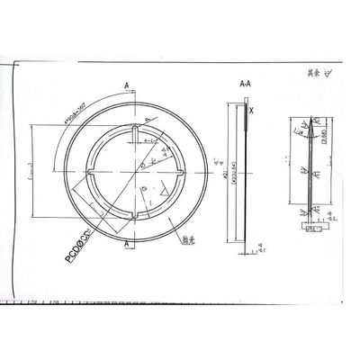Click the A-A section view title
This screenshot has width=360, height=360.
click(x=245, y=82)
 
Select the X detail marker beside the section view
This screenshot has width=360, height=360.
click(x=251, y=111)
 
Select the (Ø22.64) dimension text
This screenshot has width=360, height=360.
click(x=235, y=172)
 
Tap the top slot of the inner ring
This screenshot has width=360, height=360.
click(x=134, y=136)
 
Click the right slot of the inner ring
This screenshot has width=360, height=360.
click(x=173, y=173)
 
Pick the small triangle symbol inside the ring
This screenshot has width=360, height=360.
click(x=159, y=192)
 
